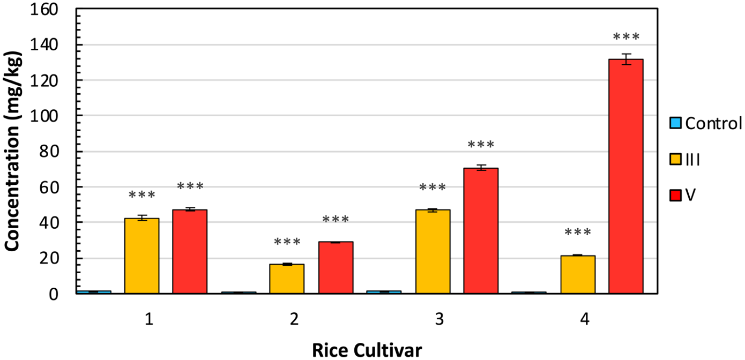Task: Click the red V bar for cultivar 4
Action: [626, 177]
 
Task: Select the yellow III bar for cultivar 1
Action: [141, 256]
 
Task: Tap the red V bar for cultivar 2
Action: [336, 268]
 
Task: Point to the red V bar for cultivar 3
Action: [481, 231]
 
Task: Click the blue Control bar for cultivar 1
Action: [93, 292]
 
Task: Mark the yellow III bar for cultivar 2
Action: [287, 279]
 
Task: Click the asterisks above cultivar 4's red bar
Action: [626, 37]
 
